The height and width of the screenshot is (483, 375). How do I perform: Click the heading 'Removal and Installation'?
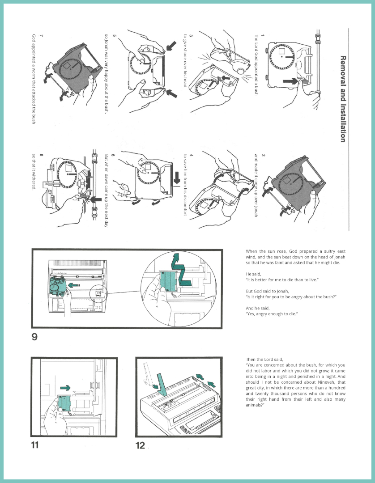point(343,99)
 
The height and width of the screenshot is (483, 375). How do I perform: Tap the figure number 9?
point(34,337)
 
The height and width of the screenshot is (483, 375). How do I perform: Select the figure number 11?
point(35,445)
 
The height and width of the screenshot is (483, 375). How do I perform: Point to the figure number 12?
point(140,445)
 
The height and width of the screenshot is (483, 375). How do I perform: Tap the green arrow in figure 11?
point(65,388)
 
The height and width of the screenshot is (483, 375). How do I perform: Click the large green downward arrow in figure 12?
point(162,385)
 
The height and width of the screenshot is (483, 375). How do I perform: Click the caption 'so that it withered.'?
point(34,172)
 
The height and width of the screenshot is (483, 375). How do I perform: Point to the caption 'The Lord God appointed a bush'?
point(256,65)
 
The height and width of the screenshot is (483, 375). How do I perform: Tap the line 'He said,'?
point(253,274)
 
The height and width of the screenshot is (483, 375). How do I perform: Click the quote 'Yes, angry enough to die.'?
point(272,314)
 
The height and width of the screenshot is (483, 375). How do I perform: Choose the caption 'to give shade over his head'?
point(185,60)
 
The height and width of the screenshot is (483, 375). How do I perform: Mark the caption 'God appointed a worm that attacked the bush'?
point(34,79)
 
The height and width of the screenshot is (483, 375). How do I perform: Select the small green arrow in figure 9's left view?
point(74,285)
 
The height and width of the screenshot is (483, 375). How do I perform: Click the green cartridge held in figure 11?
point(65,403)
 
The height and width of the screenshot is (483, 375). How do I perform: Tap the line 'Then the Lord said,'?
point(264,359)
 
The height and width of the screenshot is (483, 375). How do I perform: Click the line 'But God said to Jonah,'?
point(268,291)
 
